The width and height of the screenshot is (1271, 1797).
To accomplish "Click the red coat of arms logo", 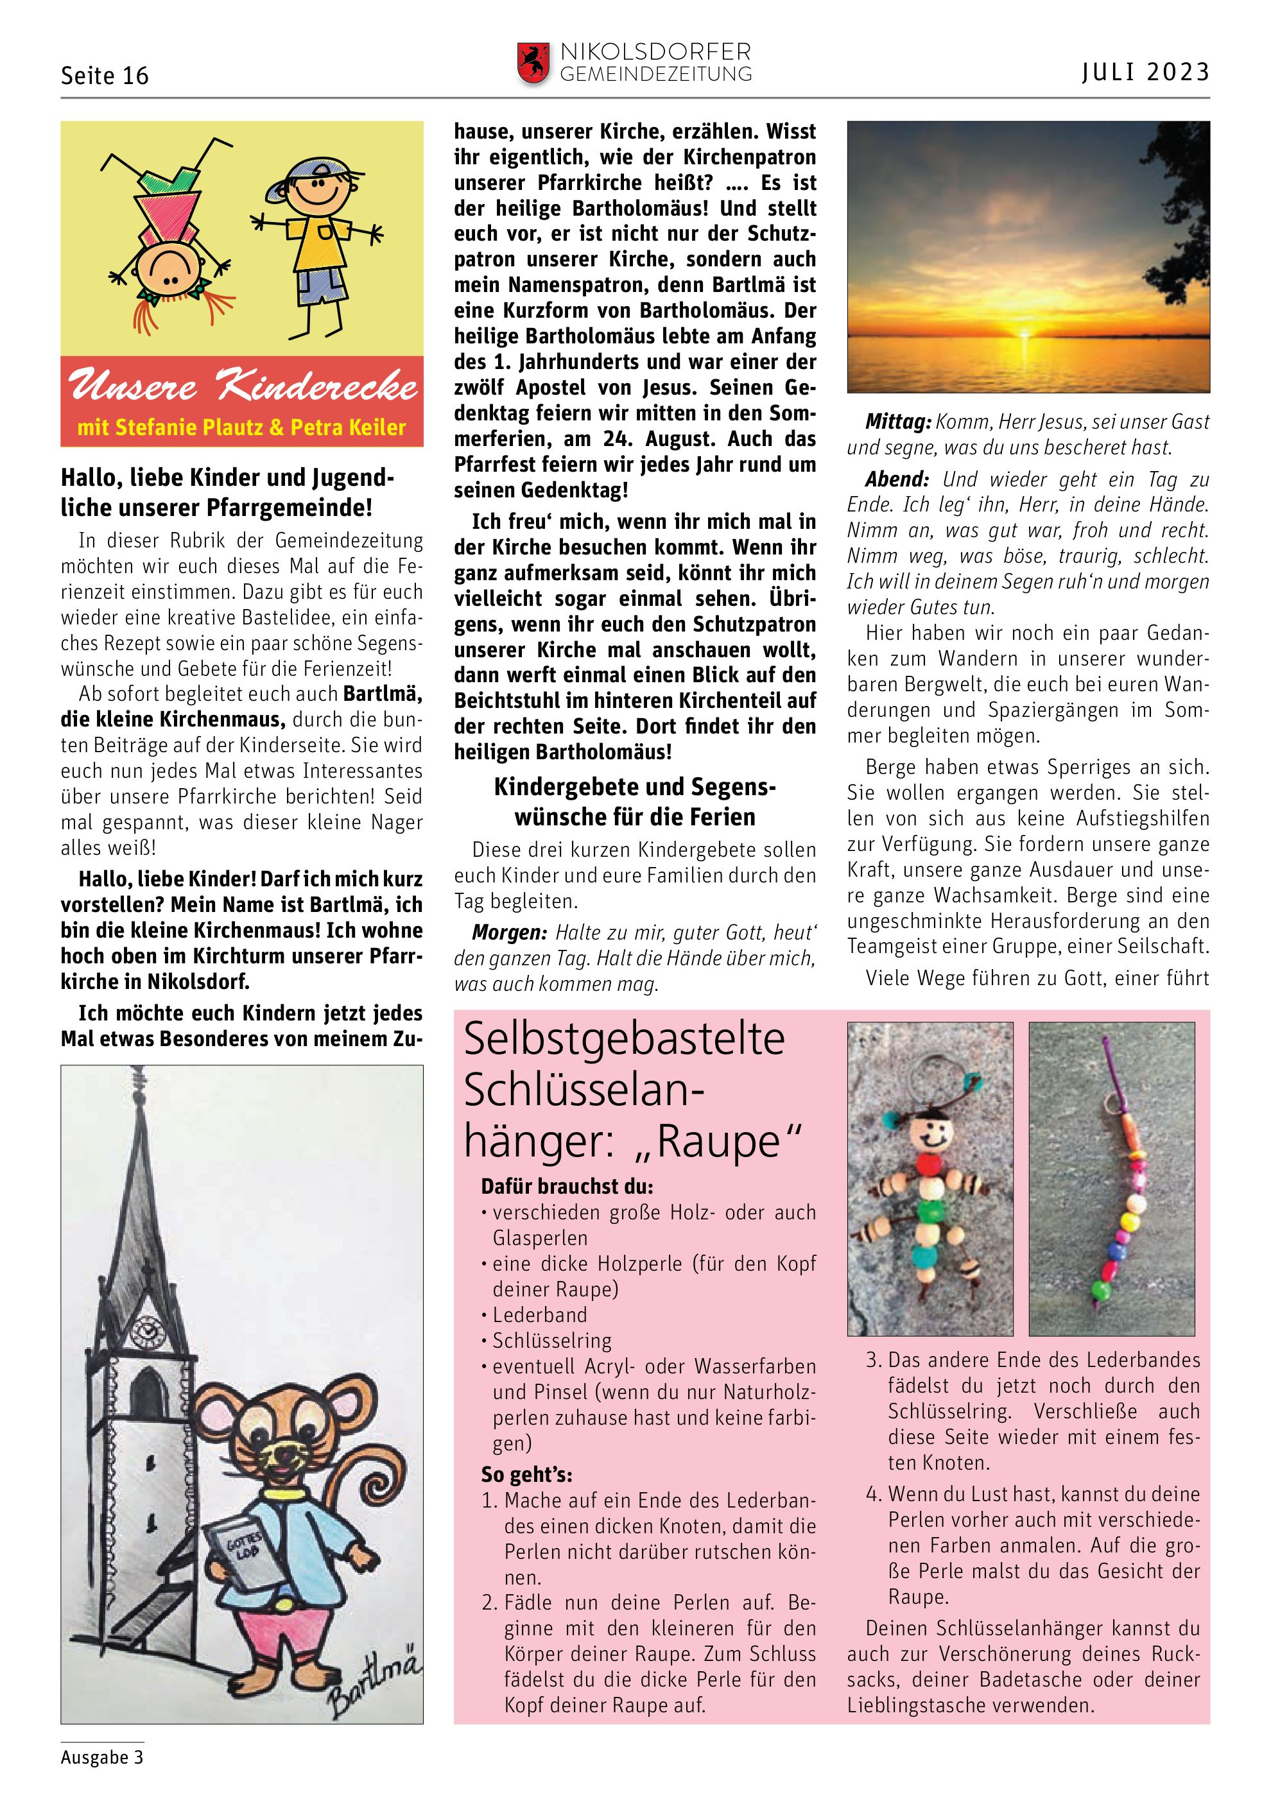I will [532, 64].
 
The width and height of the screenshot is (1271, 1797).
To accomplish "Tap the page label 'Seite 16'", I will [104, 76].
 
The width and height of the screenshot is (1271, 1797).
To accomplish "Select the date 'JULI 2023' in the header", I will [1146, 72].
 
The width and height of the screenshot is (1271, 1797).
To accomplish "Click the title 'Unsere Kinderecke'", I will [243, 386].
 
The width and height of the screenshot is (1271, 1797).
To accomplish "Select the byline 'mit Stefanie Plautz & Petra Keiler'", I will [242, 427].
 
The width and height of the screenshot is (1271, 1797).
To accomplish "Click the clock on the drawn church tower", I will [145, 1330].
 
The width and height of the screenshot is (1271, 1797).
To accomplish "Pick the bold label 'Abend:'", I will [897, 479].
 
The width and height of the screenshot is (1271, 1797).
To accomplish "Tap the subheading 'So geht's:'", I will [527, 1475].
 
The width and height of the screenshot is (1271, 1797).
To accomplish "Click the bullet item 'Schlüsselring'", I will [552, 1341].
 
